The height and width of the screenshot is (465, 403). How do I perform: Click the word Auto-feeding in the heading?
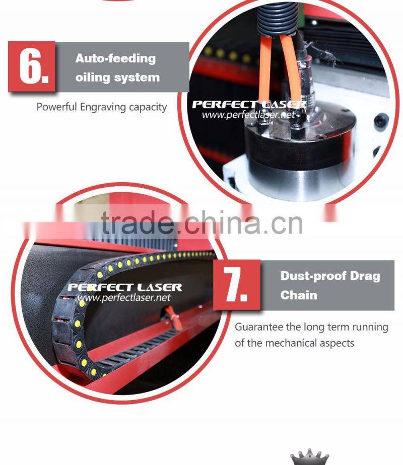(x=115, y=58)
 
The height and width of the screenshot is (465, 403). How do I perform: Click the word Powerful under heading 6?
(x=57, y=107)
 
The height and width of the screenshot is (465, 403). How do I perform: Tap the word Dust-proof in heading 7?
(x=313, y=276)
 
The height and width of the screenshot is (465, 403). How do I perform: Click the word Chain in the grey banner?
(x=299, y=295)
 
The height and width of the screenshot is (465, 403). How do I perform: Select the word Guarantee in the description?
(x=258, y=327)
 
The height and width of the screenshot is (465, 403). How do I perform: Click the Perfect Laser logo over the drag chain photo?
(x=124, y=287)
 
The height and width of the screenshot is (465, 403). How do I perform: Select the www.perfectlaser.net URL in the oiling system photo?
(x=248, y=114)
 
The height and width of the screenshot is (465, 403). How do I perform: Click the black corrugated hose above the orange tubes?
(x=277, y=19)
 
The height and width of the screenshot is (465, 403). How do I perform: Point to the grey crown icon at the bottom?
(x=309, y=457)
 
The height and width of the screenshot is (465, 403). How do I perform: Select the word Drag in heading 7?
(x=365, y=276)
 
